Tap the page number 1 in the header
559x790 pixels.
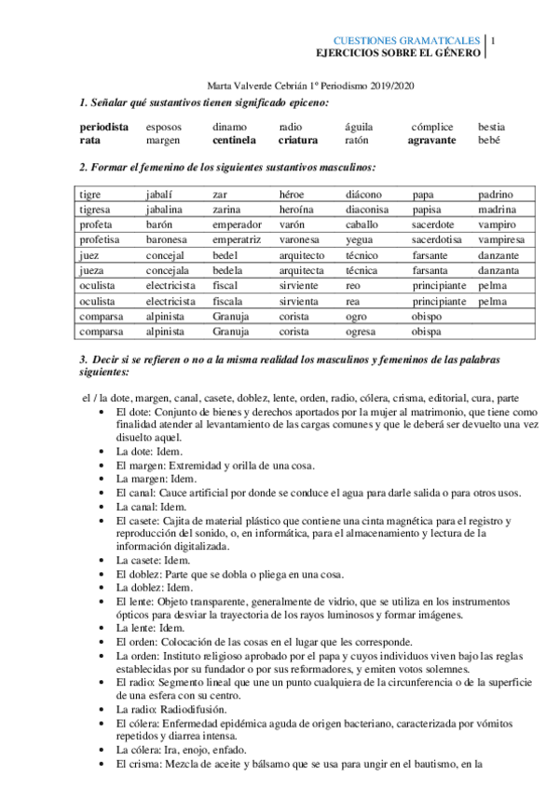pos(493,41)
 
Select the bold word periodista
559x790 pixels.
pos(104,126)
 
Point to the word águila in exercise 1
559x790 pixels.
pos(360,126)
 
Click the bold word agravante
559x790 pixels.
pos(431,140)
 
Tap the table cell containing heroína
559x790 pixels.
pos(299,211)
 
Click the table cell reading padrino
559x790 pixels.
pos(496,195)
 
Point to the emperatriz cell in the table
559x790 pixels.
pos(238,240)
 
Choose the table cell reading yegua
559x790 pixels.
pos(360,240)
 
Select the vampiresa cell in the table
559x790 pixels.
pos(502,240)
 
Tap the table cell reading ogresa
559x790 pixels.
pos(361,332)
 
